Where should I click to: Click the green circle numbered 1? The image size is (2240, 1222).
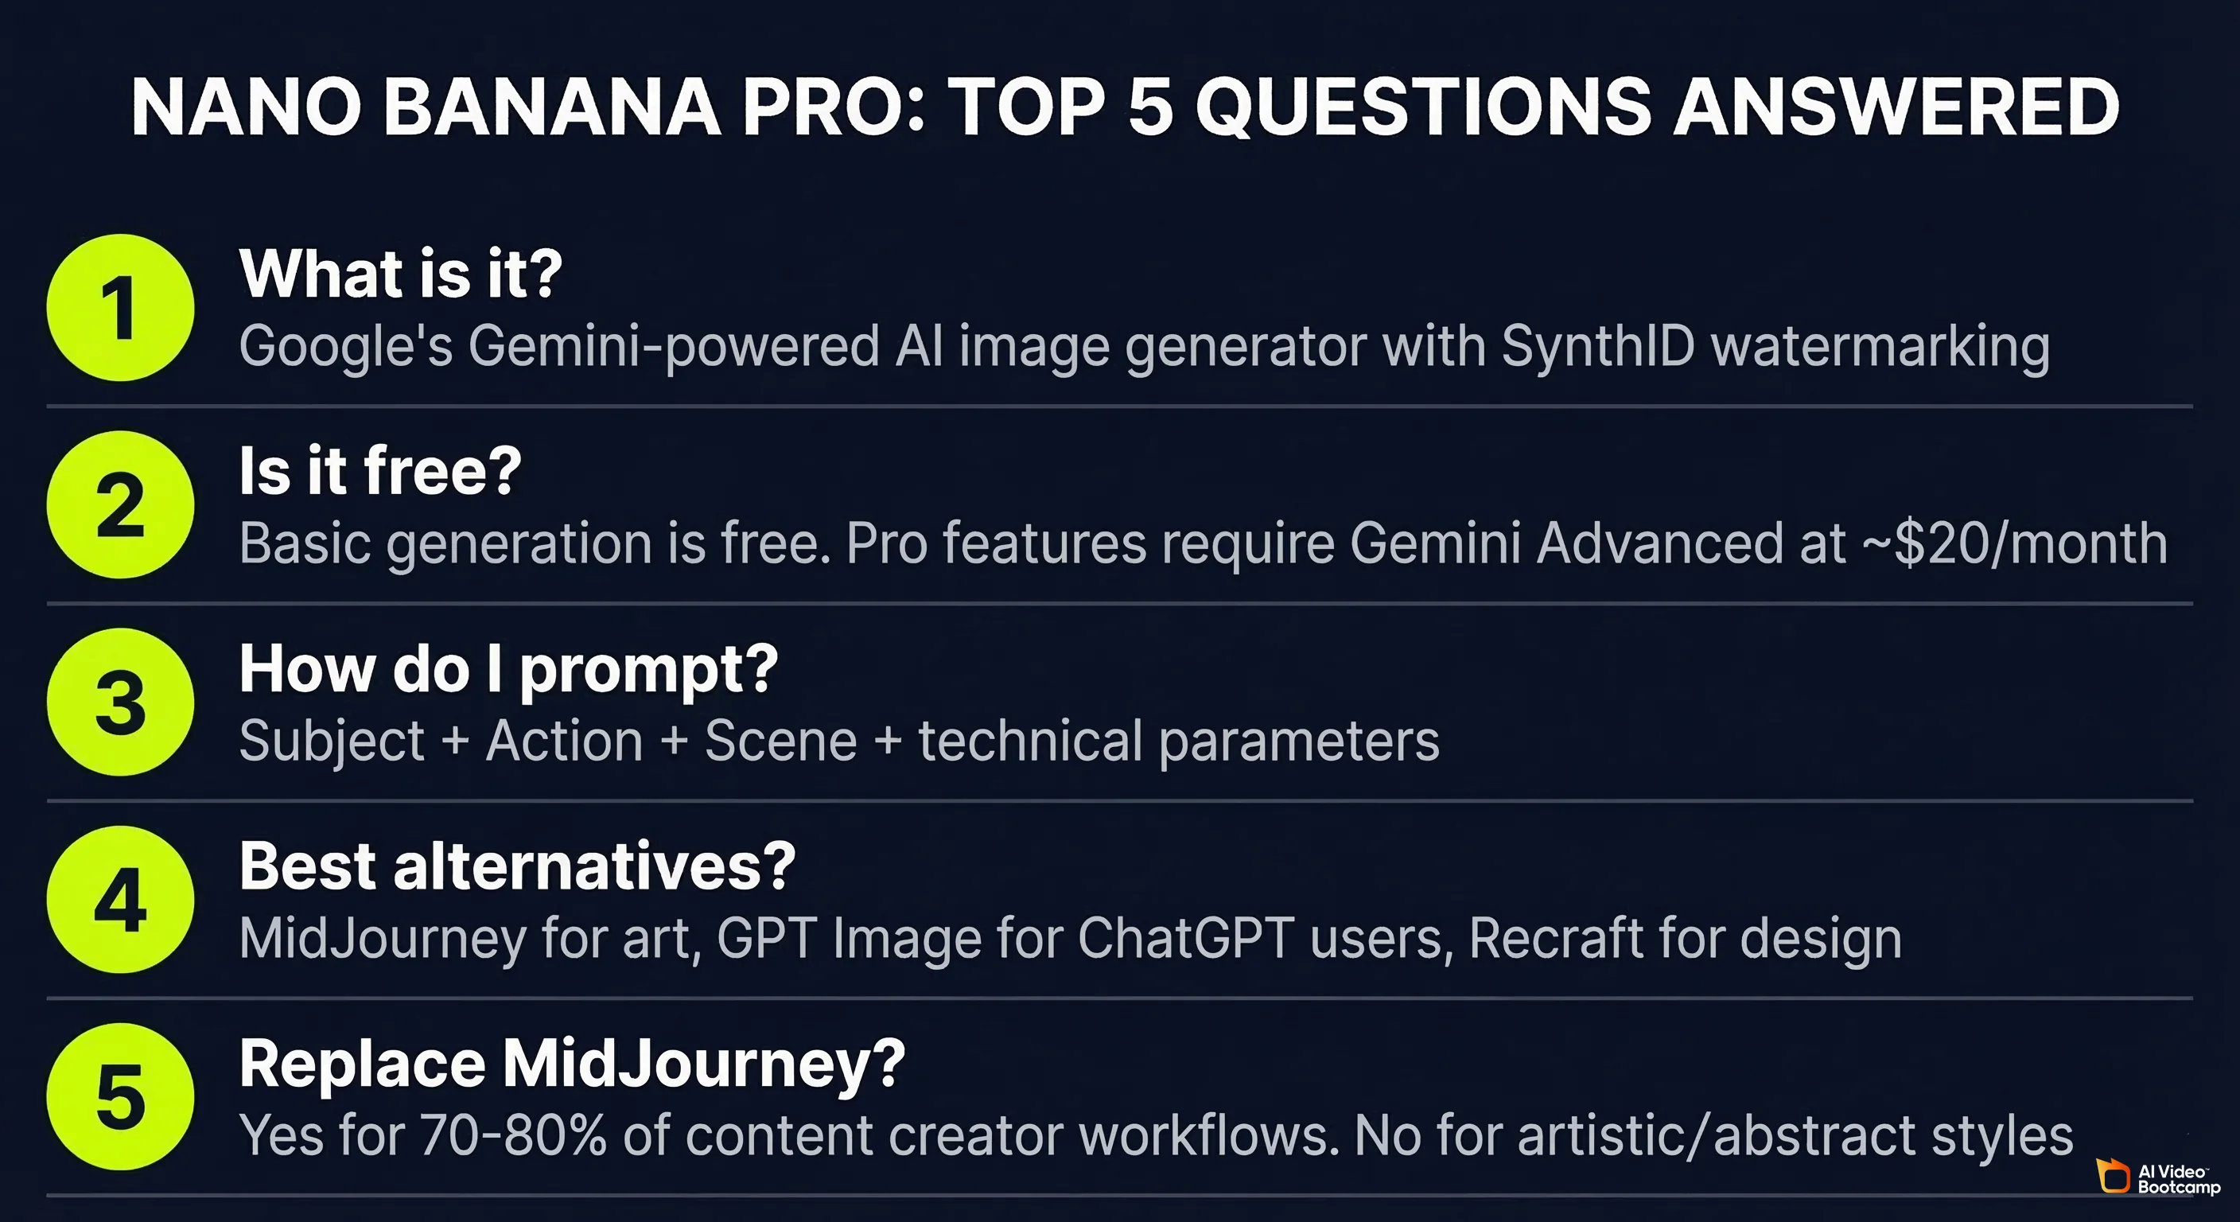[120, 307]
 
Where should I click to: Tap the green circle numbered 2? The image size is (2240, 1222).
[120, 504]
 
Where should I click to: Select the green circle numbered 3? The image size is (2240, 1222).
[120, 702]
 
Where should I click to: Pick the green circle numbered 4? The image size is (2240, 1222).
[120, 899]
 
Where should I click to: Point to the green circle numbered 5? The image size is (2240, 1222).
[120, 1097]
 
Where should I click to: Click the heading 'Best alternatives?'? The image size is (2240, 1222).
[517, 866]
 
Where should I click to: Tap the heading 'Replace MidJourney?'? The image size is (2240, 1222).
[572, 1064]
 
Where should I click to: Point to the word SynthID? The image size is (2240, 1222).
[1598, 346]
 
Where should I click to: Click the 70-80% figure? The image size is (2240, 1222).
[513, 1136]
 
